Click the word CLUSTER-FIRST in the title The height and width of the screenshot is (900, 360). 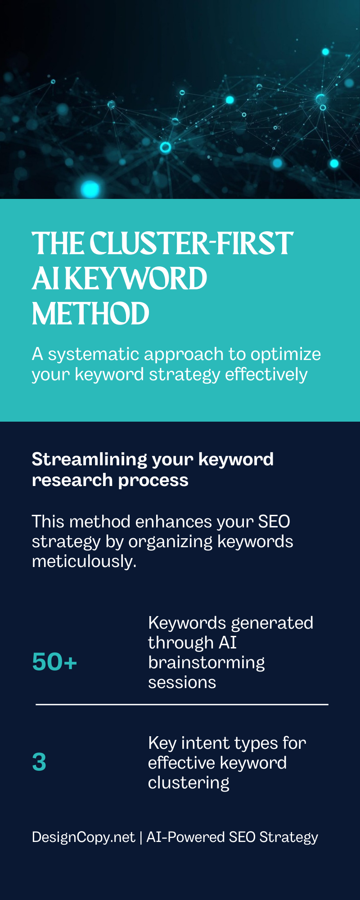(x=191, y=244)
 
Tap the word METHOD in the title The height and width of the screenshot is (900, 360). (x=90, y=314)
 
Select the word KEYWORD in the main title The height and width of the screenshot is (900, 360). (x=136, y=279)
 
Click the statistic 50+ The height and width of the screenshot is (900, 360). (x=54, y=662)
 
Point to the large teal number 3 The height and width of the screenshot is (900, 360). (x=39, y=762)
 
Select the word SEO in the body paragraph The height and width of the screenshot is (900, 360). (x=274, y=522)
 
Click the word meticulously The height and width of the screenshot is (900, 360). (x=84, y=561)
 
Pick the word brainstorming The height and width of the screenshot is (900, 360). (x=206, y=663)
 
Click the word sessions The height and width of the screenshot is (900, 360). (x=182, y=683)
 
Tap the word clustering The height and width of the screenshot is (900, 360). (x=189, y=783)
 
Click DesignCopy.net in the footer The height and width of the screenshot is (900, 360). (x=83, y=837)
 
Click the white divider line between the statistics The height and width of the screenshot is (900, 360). (x=182, y=704)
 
